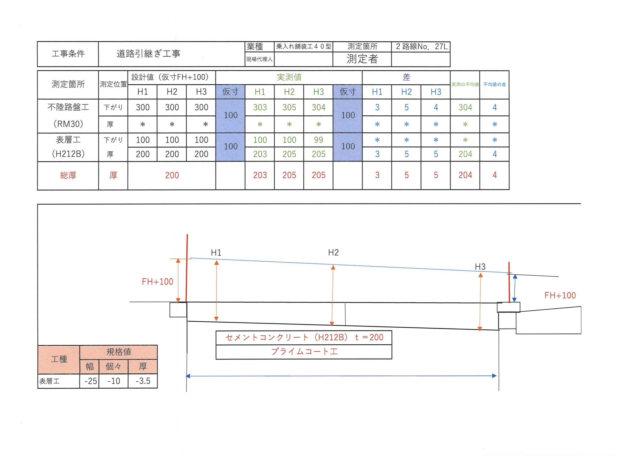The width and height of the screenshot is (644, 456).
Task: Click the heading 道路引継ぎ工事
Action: pyautogui.click(x=148, y=53)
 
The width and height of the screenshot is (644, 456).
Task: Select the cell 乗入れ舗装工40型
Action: pyautogui.click(x=303, y=46)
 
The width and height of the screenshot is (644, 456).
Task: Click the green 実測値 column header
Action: pyautogui.click(x=289, y=77)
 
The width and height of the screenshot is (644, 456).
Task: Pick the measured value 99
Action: pyautogui.click(x=318, y=140)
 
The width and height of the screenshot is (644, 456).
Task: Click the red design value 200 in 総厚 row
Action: pyautogui.click(x=172, y=175)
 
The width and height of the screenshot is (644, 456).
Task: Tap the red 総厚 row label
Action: pyautogui.click(x=68, y=175)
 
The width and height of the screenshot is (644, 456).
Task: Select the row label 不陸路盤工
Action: pyautogui.click(x=68, y=107)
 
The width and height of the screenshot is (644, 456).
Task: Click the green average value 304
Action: pyautogui.click(x=465, y=107)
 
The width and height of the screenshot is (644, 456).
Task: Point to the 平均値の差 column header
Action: pyautogui.click(x=495, y=84)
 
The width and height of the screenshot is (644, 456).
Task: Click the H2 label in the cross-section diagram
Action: pyautogui.click(x=333, y=252)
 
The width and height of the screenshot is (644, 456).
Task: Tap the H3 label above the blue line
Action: pyautogui.click(x=480, y=267)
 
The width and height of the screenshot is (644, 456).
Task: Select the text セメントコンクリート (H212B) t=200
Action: pyautogui.click(x=304, y=337)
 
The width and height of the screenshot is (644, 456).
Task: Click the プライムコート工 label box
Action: pyautogui.click(x=304, y=352)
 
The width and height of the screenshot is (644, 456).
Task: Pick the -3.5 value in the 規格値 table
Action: pyautogui.click(x=143, y=381)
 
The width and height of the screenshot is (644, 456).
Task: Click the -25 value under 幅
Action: pyautogui.click(x=91, y=381)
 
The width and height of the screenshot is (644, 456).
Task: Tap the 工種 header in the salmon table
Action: pyautogui.click(x=59, y=359)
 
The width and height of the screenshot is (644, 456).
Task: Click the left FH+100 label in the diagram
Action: pyautogui.click(x=157, y=281)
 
